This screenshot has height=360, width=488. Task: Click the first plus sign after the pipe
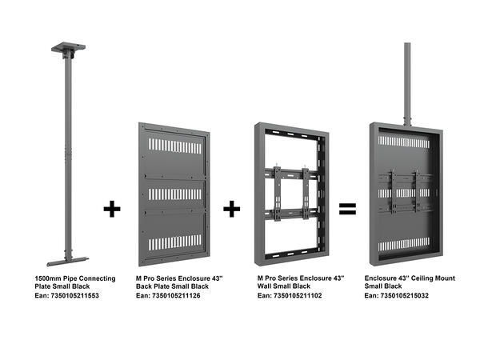112,210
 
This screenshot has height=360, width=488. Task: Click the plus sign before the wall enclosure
231,210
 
